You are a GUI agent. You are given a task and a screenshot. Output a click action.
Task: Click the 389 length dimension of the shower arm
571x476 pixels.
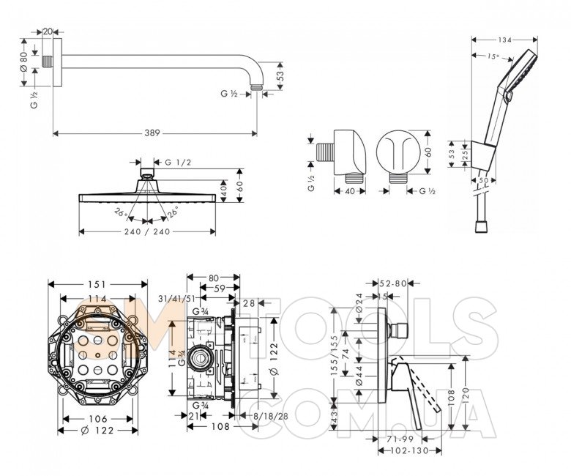pos(152,133)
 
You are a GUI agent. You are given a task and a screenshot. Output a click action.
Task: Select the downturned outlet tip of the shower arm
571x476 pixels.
pos(255,86)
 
